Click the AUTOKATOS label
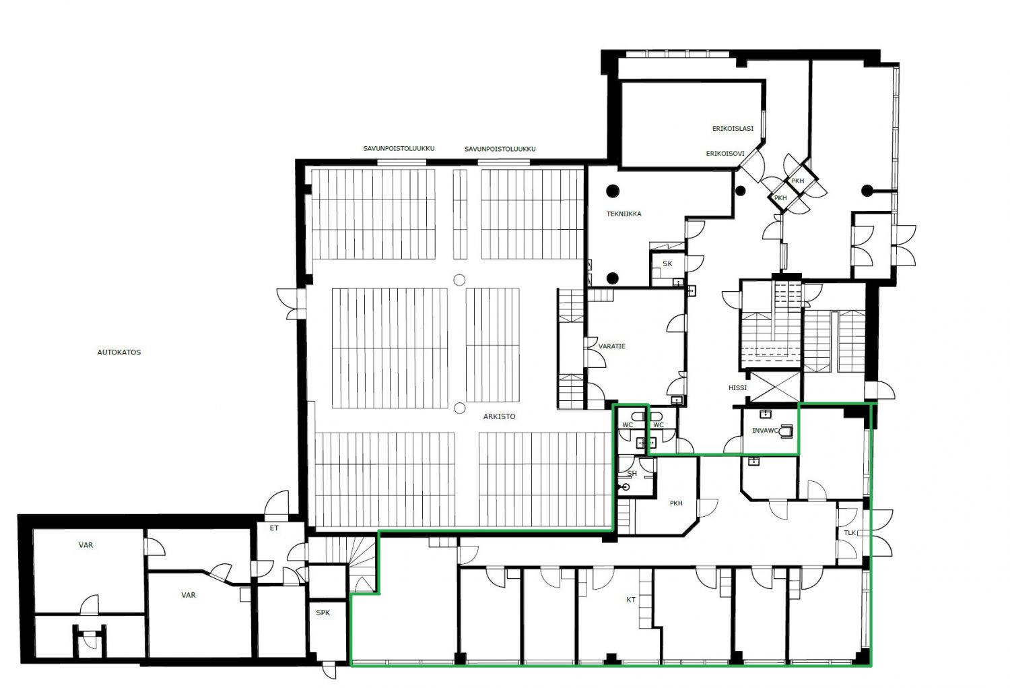[x=119, y=352]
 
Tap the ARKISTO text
[x=499, y=416]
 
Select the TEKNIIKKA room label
[x=624, y=214]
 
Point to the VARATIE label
[x=612, y=346]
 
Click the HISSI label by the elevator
[x=738, y=387]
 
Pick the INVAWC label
[x=765, y=431]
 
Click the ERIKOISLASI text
[x=733, y=129]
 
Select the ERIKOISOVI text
[x=725, y=154]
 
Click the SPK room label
[x=323, y=613]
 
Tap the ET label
[x=274, y=528]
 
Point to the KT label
[x=631, y=600]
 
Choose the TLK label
[x=850, y=533]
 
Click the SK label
[x=667, y=263]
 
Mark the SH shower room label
[x=632, y=473]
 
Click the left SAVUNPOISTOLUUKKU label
[x=399, y=148]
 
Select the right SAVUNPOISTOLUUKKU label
[x=500, y=148]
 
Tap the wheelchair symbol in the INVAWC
[x=786, y=431]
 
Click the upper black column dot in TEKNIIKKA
[x=612, y=191]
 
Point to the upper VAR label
[x=86, y=545]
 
